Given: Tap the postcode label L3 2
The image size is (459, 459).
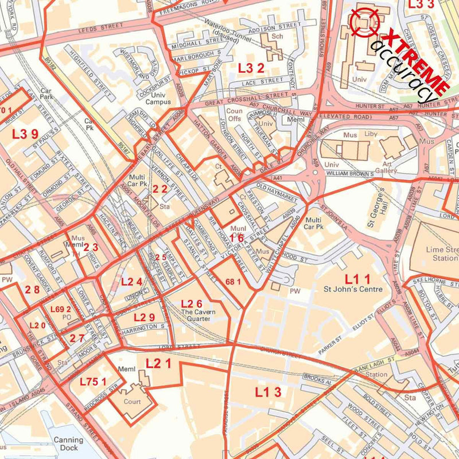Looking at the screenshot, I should pos(251,68).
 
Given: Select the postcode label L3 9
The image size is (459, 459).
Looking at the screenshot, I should pos(25,134).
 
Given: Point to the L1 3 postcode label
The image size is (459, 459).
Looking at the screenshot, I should pos(268,392).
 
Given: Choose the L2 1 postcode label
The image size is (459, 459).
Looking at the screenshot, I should pos(158,363).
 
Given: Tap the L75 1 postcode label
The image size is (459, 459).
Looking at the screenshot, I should pos(93,381).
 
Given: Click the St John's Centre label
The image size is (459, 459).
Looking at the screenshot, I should pos(353,289).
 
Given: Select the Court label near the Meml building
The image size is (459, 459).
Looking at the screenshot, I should pos(132,402).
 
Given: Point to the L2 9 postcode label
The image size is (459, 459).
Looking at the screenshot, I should pos(144,317).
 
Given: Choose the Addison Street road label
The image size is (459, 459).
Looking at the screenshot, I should pos(274,26).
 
